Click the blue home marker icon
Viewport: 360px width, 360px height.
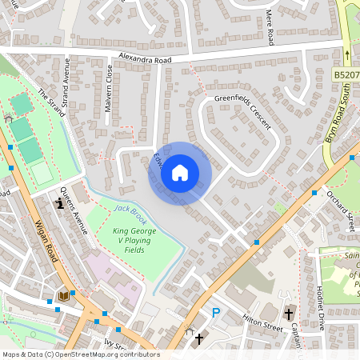(180, 173)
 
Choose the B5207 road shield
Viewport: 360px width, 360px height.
(346, 74)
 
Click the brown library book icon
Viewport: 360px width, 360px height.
(63, 296)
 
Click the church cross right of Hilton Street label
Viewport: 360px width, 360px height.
(288, 314)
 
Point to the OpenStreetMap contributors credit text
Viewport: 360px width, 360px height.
(80, 354)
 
